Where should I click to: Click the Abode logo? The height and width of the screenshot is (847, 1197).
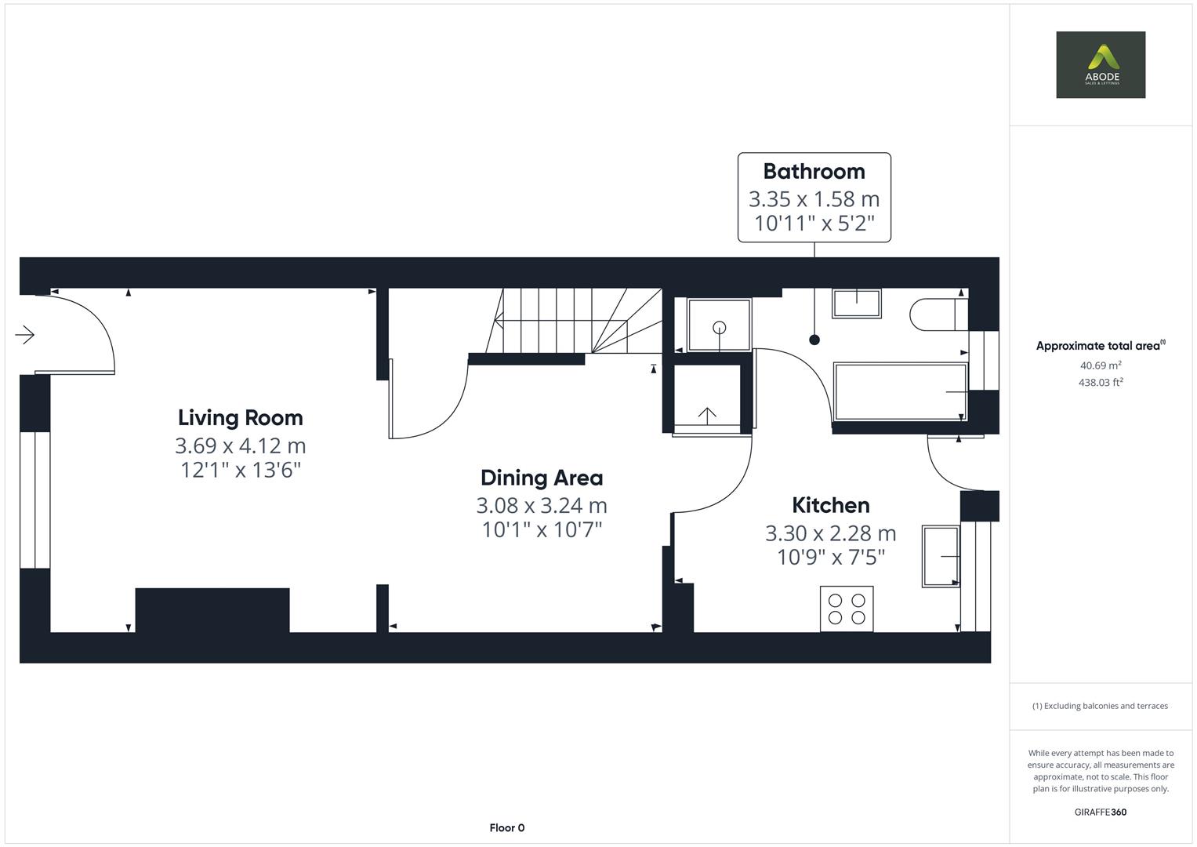[x=1100, y=64]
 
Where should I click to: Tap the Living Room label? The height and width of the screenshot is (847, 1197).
[x=240, y=417]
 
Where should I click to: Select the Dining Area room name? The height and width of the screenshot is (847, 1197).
[x=541, y=478]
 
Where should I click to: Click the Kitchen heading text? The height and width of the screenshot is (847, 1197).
[x=830, y=505]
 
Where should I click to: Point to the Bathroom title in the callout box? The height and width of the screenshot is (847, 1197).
[x=814, y=171]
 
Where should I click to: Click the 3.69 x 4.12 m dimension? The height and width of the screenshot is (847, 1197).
[x=240, y=445]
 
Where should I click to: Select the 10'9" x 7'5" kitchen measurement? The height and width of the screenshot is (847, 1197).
[x=830, y=558]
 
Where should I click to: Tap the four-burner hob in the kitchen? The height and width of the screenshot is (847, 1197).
[x=847, y=609]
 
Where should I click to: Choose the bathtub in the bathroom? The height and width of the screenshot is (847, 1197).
[x=899, y=391]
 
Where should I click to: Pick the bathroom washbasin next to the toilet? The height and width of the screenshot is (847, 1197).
[x=856, y=303]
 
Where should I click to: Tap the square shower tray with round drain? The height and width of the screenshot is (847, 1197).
[x=719, y=325]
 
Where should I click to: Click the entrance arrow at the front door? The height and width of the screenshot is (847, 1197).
[x=25, y=335]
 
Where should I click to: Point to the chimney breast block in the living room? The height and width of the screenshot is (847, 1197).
[x=212, y=609]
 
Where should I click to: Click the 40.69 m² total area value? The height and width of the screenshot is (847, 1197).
[x=1100, y=365]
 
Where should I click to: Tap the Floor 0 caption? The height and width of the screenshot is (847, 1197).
[x=506, y=827]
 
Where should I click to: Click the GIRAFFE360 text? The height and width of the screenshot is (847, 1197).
[x=1100, y=812]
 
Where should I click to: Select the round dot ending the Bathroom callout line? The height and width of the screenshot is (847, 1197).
[x=814, y=340]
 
